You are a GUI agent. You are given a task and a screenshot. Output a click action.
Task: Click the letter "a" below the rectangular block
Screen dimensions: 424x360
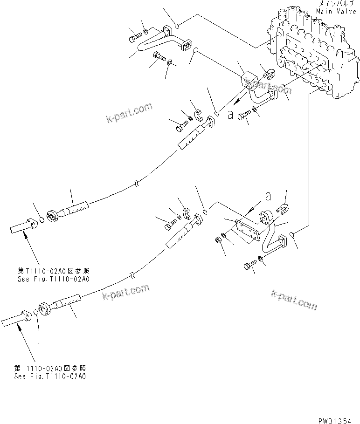coord(230,115)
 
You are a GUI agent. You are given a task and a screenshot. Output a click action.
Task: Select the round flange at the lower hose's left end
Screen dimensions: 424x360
coord(45,309)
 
